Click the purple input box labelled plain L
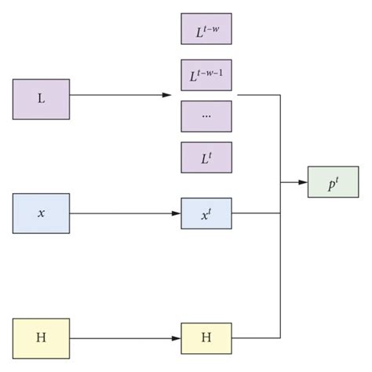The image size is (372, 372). tap(41, 99)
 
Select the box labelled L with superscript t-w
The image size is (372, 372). tap(206, 30)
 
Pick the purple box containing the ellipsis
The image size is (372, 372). tap(206, 116)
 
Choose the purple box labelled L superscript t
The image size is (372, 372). tap(206, 157)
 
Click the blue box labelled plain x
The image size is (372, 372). tap(41, 213)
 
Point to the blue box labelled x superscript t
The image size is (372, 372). tap(206, 213)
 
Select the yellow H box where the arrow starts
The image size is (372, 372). tap(41, 337)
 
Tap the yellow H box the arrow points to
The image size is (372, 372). tap(206, 337)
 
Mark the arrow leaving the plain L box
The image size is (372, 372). tap(118, 95)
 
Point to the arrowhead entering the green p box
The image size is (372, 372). tap(303, 182)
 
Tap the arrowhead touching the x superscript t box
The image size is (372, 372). tap(177, 213)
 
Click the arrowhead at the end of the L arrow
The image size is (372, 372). tap(166, 95)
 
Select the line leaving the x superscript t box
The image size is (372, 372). tap(256, 213)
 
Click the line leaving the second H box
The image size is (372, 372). tap(256, 338)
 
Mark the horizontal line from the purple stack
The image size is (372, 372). tap(259, 95)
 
